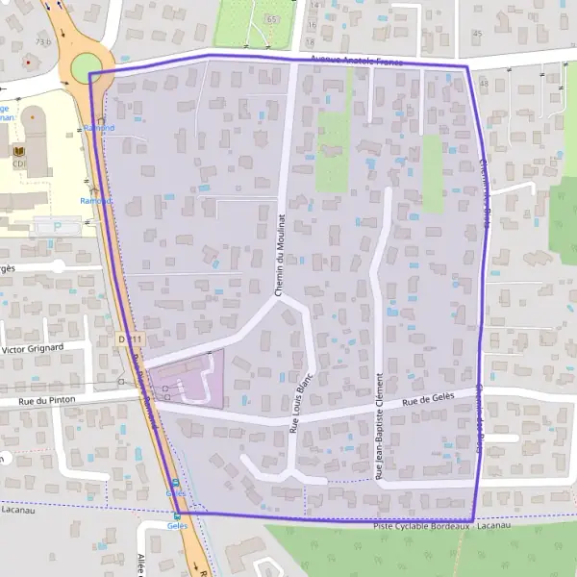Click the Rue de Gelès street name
click(x=427, y=401)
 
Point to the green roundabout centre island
click(x=86, y=67)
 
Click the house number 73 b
click(x=41, y=42)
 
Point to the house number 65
click(x=272, y=19)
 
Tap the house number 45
click(x=478, y=34)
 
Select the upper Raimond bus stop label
click(x=98, y=128)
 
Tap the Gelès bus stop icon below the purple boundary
click(x=176, y=515)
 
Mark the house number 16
click(x=313, y=25)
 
